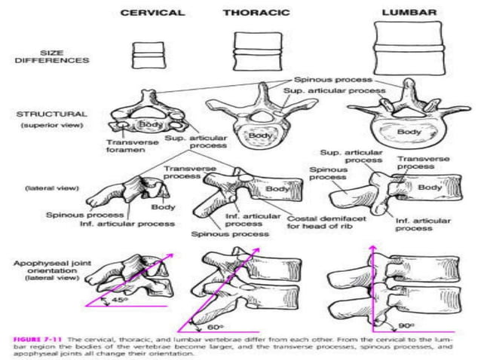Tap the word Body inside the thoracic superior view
(261, 136)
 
